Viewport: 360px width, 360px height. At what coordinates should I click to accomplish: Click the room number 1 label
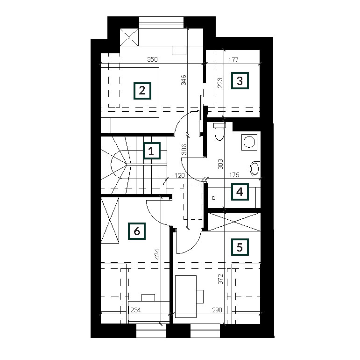click(152, 151)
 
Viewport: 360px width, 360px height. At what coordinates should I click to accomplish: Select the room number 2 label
click(142, 91)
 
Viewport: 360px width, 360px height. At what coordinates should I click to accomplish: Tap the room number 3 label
click(240, 81)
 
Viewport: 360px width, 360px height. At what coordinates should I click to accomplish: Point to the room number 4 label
click(240, 192)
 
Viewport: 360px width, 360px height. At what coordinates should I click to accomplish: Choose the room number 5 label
click(240, 247)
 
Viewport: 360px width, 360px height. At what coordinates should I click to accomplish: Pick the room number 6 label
click(137, 231)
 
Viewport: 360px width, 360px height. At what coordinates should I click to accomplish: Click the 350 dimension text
click(152, 59)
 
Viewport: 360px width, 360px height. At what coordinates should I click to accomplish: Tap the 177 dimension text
click(233, 60)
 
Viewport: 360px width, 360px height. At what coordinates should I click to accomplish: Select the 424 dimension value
click(157, 254)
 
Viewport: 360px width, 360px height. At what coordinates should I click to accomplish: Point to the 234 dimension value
click(135, 310)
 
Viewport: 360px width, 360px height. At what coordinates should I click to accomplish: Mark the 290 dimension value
click(217, 310)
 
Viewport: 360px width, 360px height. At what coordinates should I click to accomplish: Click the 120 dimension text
click(180, 175)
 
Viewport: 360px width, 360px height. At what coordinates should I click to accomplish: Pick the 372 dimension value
click(220, 279)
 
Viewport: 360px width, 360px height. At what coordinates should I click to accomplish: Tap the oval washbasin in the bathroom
click(255, 169)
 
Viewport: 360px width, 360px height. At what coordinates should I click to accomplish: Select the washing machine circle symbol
click(249, 142)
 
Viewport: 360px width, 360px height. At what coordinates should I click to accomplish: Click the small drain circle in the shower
click(214, 198)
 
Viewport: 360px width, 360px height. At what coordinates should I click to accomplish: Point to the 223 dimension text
click(220, 83)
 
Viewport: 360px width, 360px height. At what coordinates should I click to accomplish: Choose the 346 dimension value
click(184, 80)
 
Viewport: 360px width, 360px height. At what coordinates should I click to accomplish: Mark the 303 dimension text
click(220, 164)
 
